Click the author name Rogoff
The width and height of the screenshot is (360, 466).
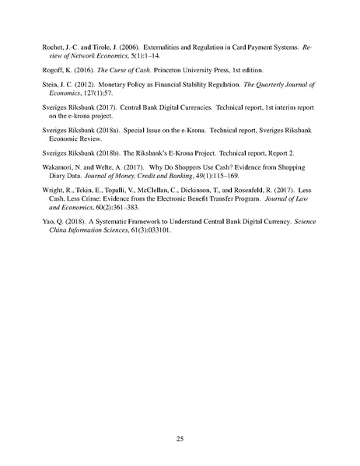pyautogui.click(x=52, y=69)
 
